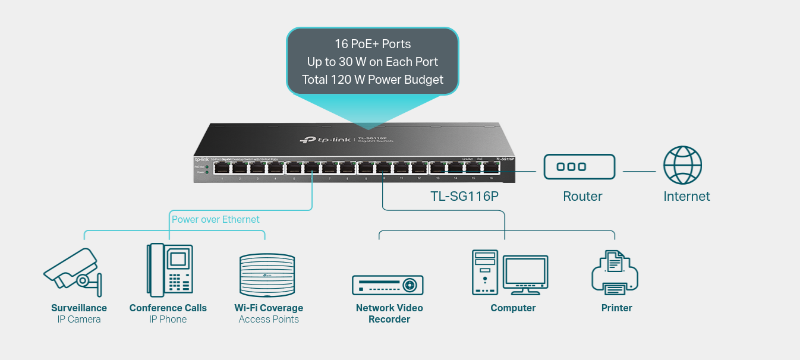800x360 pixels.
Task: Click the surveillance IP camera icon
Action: [73, 271]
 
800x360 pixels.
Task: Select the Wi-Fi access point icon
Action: [267, 275]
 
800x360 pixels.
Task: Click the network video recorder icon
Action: [388, 285]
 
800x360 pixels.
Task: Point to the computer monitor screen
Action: [525, 271]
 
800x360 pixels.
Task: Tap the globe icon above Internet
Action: [682, 166]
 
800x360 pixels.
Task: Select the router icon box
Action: [579, 166]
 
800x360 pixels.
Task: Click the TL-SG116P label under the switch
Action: [464, 196]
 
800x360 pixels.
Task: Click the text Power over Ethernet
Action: [216, 219]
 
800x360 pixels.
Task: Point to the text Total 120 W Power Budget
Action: [373, 79]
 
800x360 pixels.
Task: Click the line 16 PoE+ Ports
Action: [373, 43]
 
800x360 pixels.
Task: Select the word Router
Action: [582, 196]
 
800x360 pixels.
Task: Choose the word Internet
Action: [686, 196]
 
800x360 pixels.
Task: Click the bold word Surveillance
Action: [79, 308]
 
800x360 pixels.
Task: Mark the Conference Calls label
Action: [168, 308]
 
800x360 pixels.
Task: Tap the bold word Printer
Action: [616, 308]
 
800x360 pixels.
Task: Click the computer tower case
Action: [484, 272]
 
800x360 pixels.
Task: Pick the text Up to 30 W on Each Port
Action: [373, 61]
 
